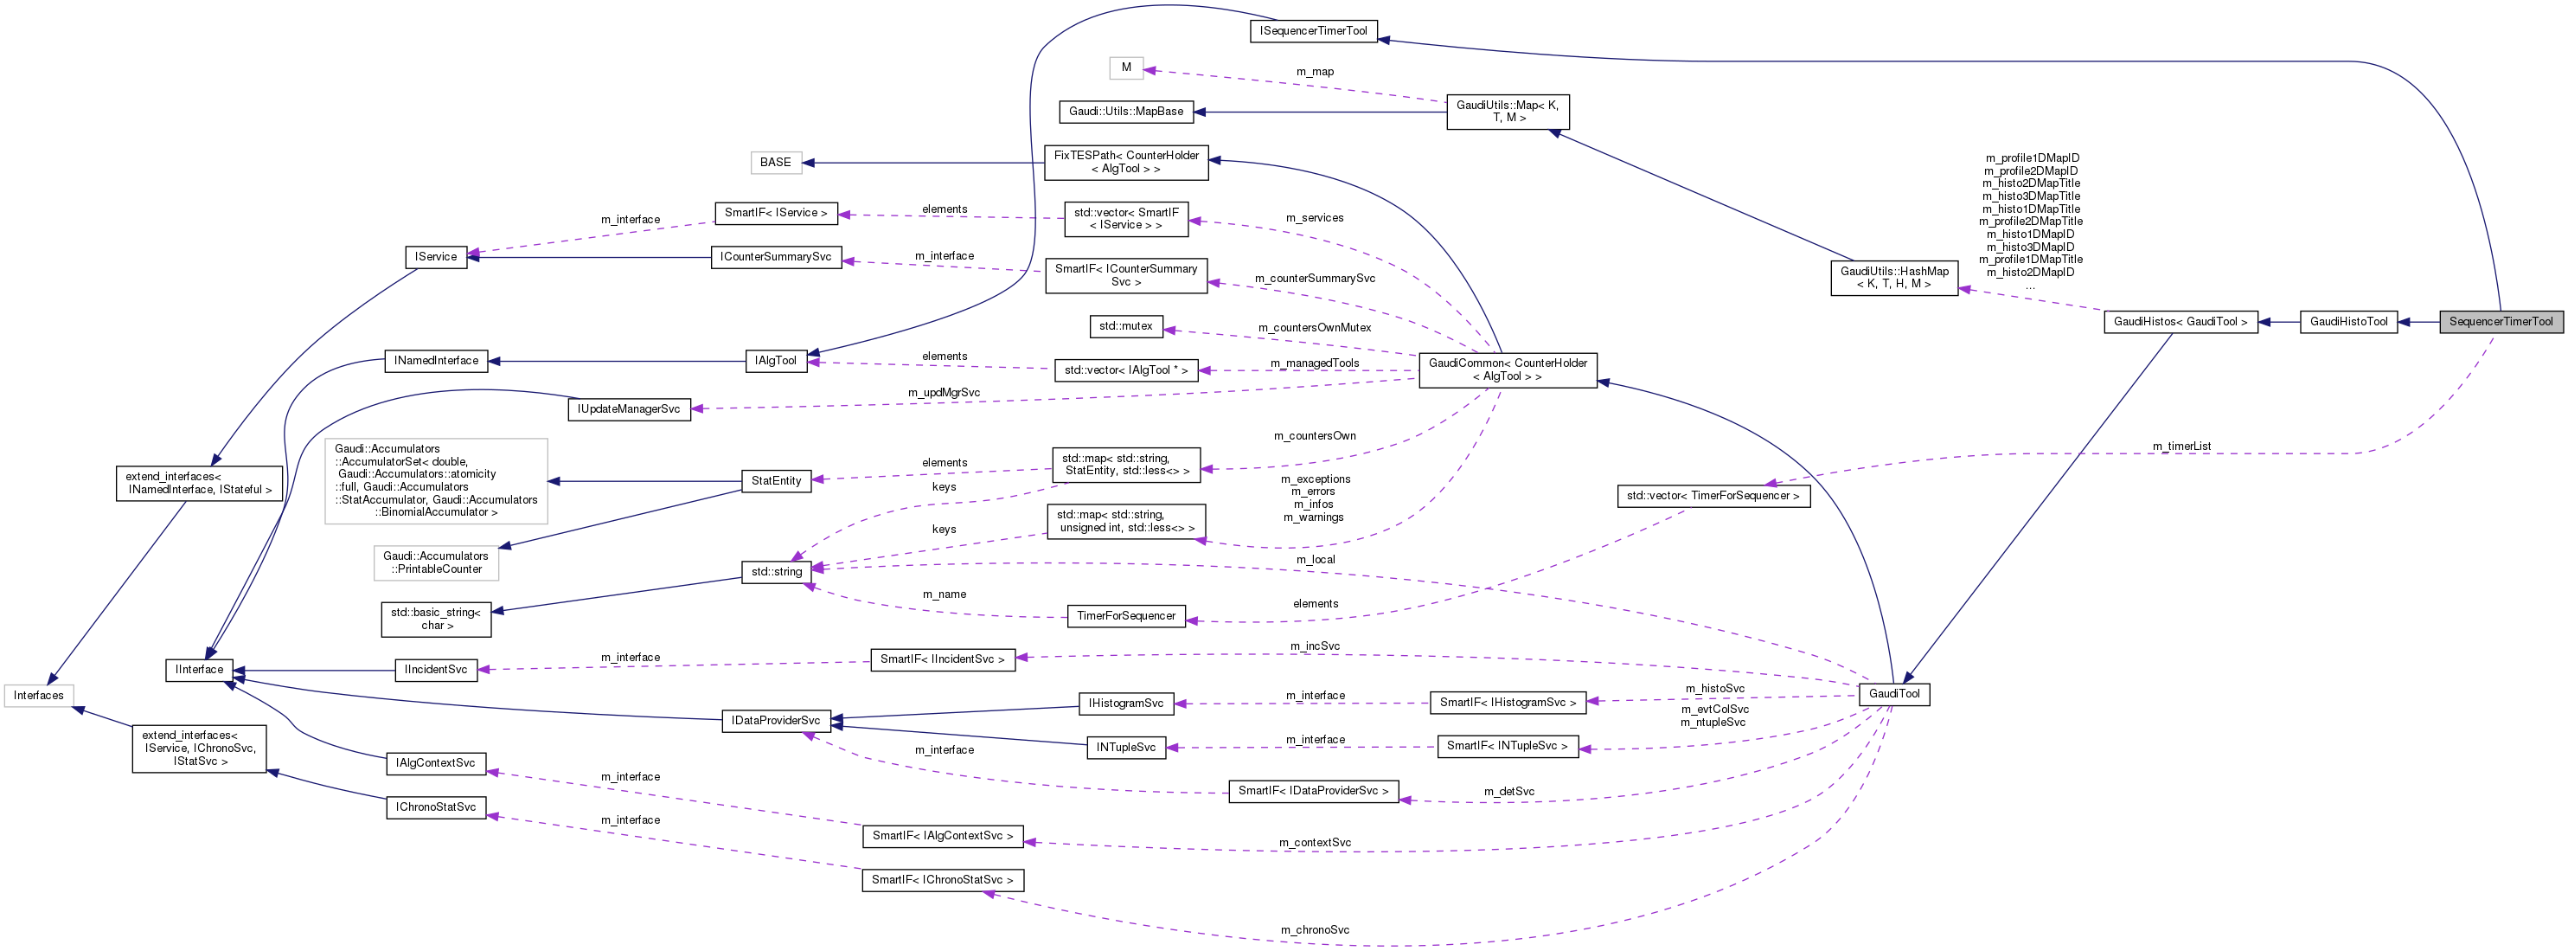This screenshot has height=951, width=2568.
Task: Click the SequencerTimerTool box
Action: tap(2501, 322)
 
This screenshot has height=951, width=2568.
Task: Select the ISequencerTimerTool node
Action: tap(1313, 31)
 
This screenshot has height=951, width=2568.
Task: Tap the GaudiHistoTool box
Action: tap(2347, 322)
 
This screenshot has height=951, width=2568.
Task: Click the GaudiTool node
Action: tap(1893, 694)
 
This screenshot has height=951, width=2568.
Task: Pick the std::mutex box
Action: tap(1125, 326)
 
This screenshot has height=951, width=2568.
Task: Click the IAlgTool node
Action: tap(776, 361)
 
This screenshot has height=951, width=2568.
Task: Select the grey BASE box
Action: tap(776, 163)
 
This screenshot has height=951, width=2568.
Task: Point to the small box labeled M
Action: tap(1125, 67)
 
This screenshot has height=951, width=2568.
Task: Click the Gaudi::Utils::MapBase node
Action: tap(1125, 112)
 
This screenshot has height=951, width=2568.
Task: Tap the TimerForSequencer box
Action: tap(1125, 616)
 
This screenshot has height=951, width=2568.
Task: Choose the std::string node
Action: tap(776, 572)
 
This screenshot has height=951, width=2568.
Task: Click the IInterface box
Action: tap(200, 670)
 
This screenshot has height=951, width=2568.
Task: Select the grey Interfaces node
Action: tap(39, 696)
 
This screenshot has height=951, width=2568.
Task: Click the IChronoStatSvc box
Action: tap(436, 807)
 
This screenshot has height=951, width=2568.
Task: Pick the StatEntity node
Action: tap(776, 480)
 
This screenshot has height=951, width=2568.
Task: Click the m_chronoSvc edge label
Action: tap(1314, 930)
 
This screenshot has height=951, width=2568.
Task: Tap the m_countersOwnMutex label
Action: tap(1314, 328)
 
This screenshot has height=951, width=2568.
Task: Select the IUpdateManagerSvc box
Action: tap(629, 409)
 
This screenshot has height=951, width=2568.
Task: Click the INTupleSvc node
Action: tap(1125, 748)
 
